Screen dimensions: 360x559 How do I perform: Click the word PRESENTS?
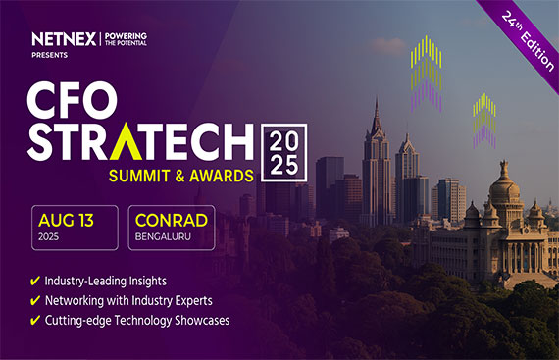pos(51,57)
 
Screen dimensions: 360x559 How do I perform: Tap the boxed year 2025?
pos(284,150)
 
